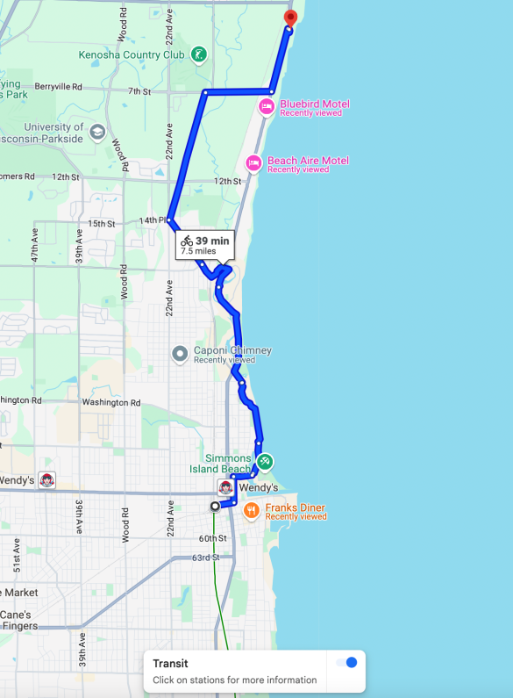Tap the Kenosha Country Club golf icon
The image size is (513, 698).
pos(200,54)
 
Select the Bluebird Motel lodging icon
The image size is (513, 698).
pos(267,106)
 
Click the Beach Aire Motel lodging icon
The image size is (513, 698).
pos(253,162)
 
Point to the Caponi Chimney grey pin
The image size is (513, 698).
pos(180,355)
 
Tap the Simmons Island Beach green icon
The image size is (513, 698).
pos(265,460)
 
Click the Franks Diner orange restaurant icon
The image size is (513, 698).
pos(252,509)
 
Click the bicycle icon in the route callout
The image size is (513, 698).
pos(187,240)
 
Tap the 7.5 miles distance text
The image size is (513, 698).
pos(198,251)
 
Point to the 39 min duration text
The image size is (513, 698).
pos(212,241)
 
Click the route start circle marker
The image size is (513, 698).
pos(215,507)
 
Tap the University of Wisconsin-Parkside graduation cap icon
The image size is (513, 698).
pos(96,132)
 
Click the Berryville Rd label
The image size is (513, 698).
pos(58,87)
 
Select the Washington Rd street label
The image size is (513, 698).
pos(111,402)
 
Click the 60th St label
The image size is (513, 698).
pos(212,538)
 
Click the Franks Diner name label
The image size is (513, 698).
pos(296,507)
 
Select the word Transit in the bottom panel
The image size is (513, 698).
pos(170,665)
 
